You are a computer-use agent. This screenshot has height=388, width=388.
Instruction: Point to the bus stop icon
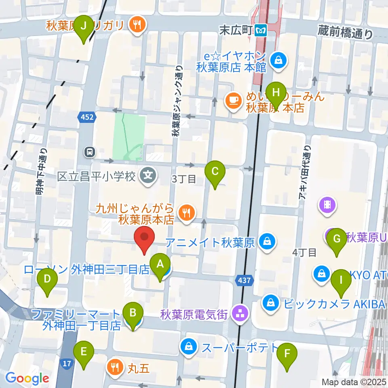(x=89, y=152)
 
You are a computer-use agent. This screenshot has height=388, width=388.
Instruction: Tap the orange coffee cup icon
(x=232, y=99)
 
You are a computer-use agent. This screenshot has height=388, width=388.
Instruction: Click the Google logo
(x=27, y=379)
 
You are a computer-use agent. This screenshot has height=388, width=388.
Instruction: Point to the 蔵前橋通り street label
(x=345, y=32)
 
